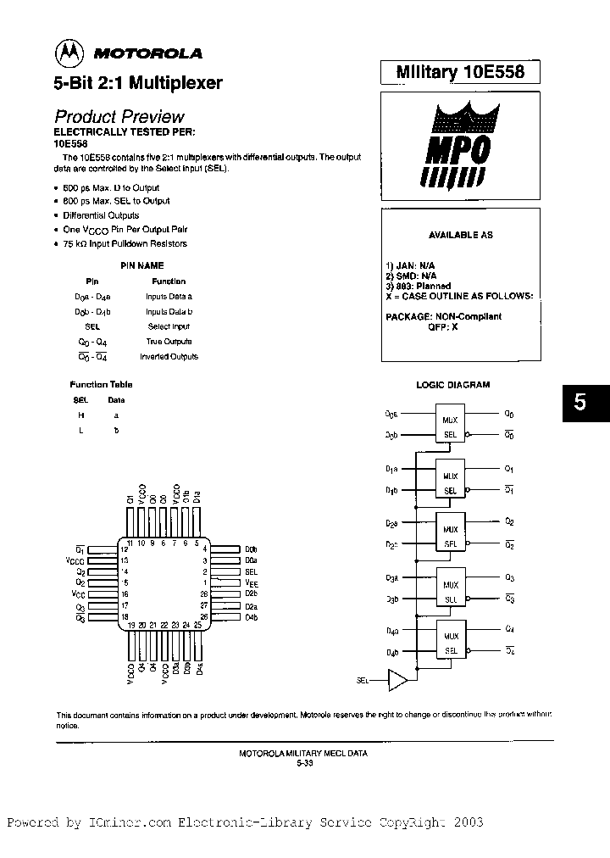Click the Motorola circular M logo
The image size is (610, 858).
[x=70, y=53]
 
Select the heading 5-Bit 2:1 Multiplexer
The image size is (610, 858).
[x=139, y=83]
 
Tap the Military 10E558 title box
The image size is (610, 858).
[x=460, y=73]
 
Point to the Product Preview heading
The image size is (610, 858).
[x=119, y=117]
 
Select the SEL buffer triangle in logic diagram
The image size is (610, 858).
[x=396, y=680]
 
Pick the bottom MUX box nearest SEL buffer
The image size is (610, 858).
[x=450, y=643]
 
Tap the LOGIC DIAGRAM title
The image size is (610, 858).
[x=452, y=385]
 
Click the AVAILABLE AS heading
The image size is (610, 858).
[x=460, y=235]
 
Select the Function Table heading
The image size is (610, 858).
[x=101, y=384]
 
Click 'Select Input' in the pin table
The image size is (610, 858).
[x=169, y=326]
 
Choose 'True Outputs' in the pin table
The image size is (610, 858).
[x=169, y=342]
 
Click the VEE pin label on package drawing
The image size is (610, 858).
[x=252, y=583]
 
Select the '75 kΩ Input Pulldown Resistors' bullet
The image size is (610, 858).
[x=125, y=244]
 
